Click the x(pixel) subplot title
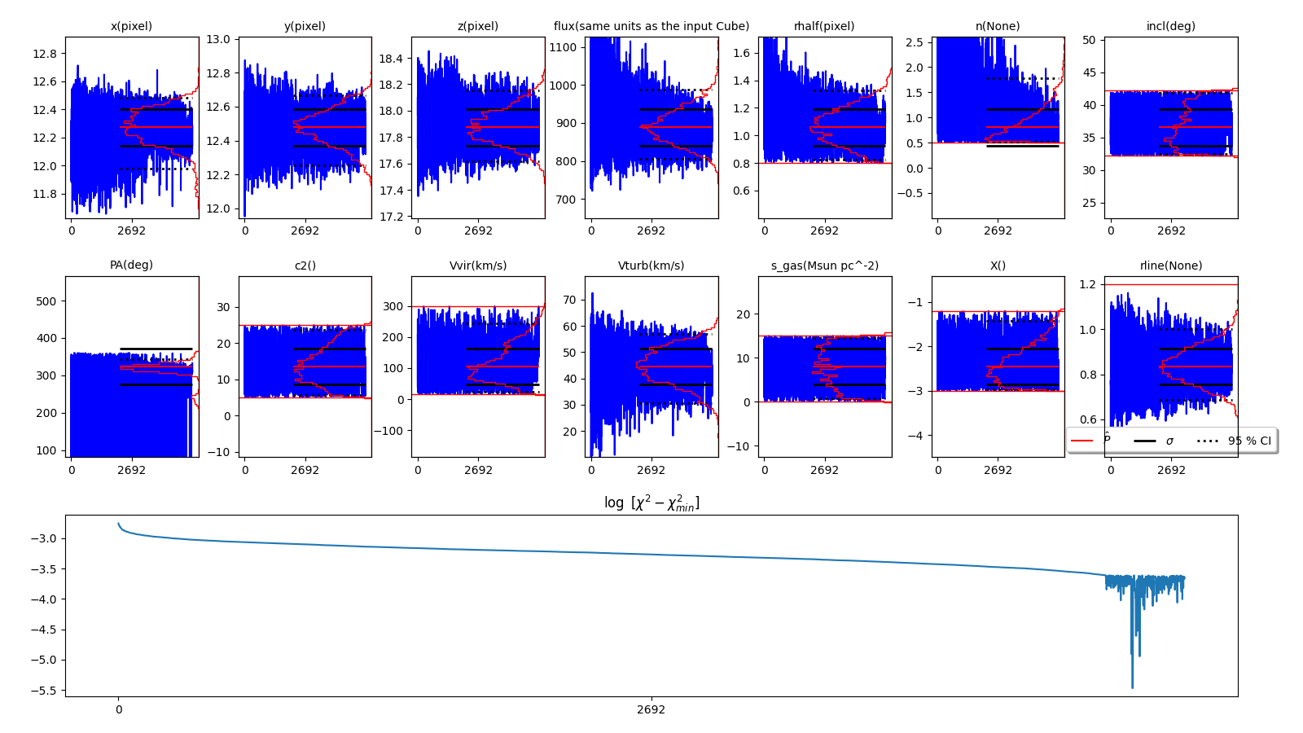131,26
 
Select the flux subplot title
651,26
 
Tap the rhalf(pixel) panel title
824,26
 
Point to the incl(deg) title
1170,26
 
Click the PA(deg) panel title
131,265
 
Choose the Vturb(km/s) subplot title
651,266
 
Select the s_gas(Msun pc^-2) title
824,266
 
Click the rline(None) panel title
1170,266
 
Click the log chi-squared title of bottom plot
651,503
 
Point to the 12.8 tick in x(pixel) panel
45,54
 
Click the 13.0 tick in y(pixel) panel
217,39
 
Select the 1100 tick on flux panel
564,47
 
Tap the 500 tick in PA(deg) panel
46,301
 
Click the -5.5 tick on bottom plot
44,691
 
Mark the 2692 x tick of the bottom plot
651,709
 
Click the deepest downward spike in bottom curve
1132,687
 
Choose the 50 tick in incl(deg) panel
1088,40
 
